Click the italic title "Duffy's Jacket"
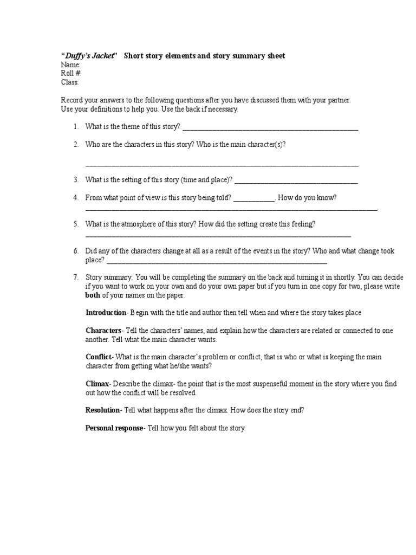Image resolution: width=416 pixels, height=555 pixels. (88, 56)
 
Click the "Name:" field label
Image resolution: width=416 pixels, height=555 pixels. (70, 65)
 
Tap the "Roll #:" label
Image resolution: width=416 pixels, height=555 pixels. (71, 74)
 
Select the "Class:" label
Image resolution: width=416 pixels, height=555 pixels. (70, 82)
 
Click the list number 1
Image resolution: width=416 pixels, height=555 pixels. (76, 127)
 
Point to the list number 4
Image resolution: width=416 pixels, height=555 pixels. (76, 198)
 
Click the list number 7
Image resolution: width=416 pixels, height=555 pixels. (76, 277)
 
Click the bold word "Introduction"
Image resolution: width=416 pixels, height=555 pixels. (106, 313)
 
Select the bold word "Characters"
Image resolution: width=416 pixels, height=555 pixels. (103, 331)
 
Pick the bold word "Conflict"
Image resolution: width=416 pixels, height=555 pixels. (98, 357)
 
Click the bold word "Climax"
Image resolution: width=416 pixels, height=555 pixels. (97, 384)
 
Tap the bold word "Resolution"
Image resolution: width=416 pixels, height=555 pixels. (103, 410)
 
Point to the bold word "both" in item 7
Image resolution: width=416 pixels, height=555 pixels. (93, 295)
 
